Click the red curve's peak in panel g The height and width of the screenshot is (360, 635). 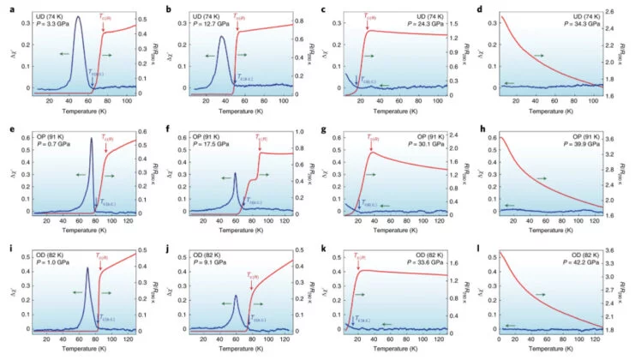coord(371,153)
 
